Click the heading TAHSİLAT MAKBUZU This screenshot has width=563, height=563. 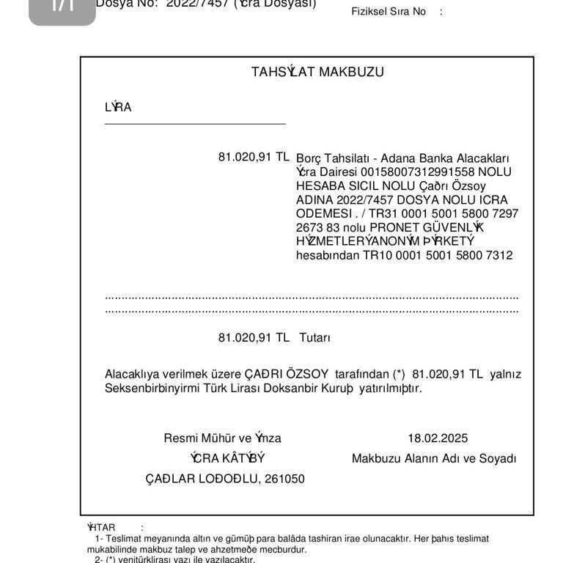click(x=317, y=72)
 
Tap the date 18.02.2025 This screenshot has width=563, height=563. click(x=438, y=438)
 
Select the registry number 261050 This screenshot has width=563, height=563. click(x=285, y=479)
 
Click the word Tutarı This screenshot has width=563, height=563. click(x=315, y=338)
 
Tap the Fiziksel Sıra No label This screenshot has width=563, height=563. click(x=389, y=12)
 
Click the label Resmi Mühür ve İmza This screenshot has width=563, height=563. click(x=222, y=438)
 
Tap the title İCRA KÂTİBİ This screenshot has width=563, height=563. click(x=227, y=458)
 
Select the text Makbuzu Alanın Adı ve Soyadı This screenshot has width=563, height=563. click(x=434, y=458)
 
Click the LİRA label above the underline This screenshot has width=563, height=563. click(x=118, y=107)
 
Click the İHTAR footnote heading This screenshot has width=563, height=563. click(x=101, y=527)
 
